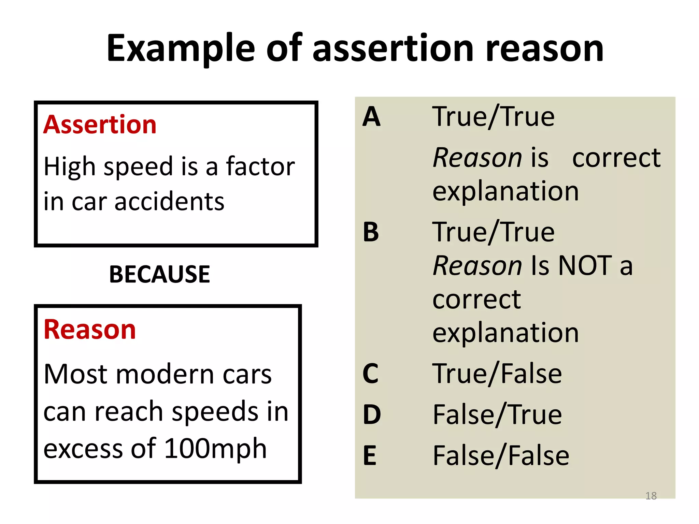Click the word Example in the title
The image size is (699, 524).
coord(181,48)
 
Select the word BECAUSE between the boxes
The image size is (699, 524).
coord(159,274)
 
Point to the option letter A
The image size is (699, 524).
coord(371,117)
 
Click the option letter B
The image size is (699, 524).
coord(371,232)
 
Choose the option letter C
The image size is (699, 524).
coord(371,374)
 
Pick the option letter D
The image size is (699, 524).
coord(372,415)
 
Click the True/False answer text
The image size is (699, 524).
coord(497,374)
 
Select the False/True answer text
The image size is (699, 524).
coord(497,415)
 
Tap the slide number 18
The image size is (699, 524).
coord(651,496)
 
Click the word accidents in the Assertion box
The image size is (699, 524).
coord(169,202)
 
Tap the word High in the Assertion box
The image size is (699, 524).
coord(70,167)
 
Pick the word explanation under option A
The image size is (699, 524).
coord(505,191)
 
